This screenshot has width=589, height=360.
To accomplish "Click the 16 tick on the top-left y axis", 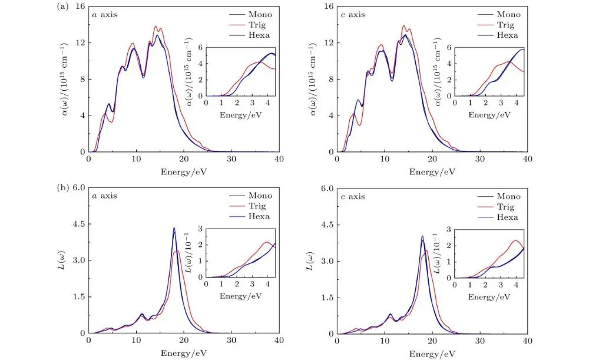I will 80,7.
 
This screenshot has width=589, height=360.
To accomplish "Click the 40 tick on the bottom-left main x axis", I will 279,341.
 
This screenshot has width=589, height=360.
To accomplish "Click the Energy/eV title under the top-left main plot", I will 183,171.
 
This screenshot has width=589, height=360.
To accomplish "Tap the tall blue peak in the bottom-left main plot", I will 174,228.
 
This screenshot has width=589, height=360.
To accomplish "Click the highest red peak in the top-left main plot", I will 156,27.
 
